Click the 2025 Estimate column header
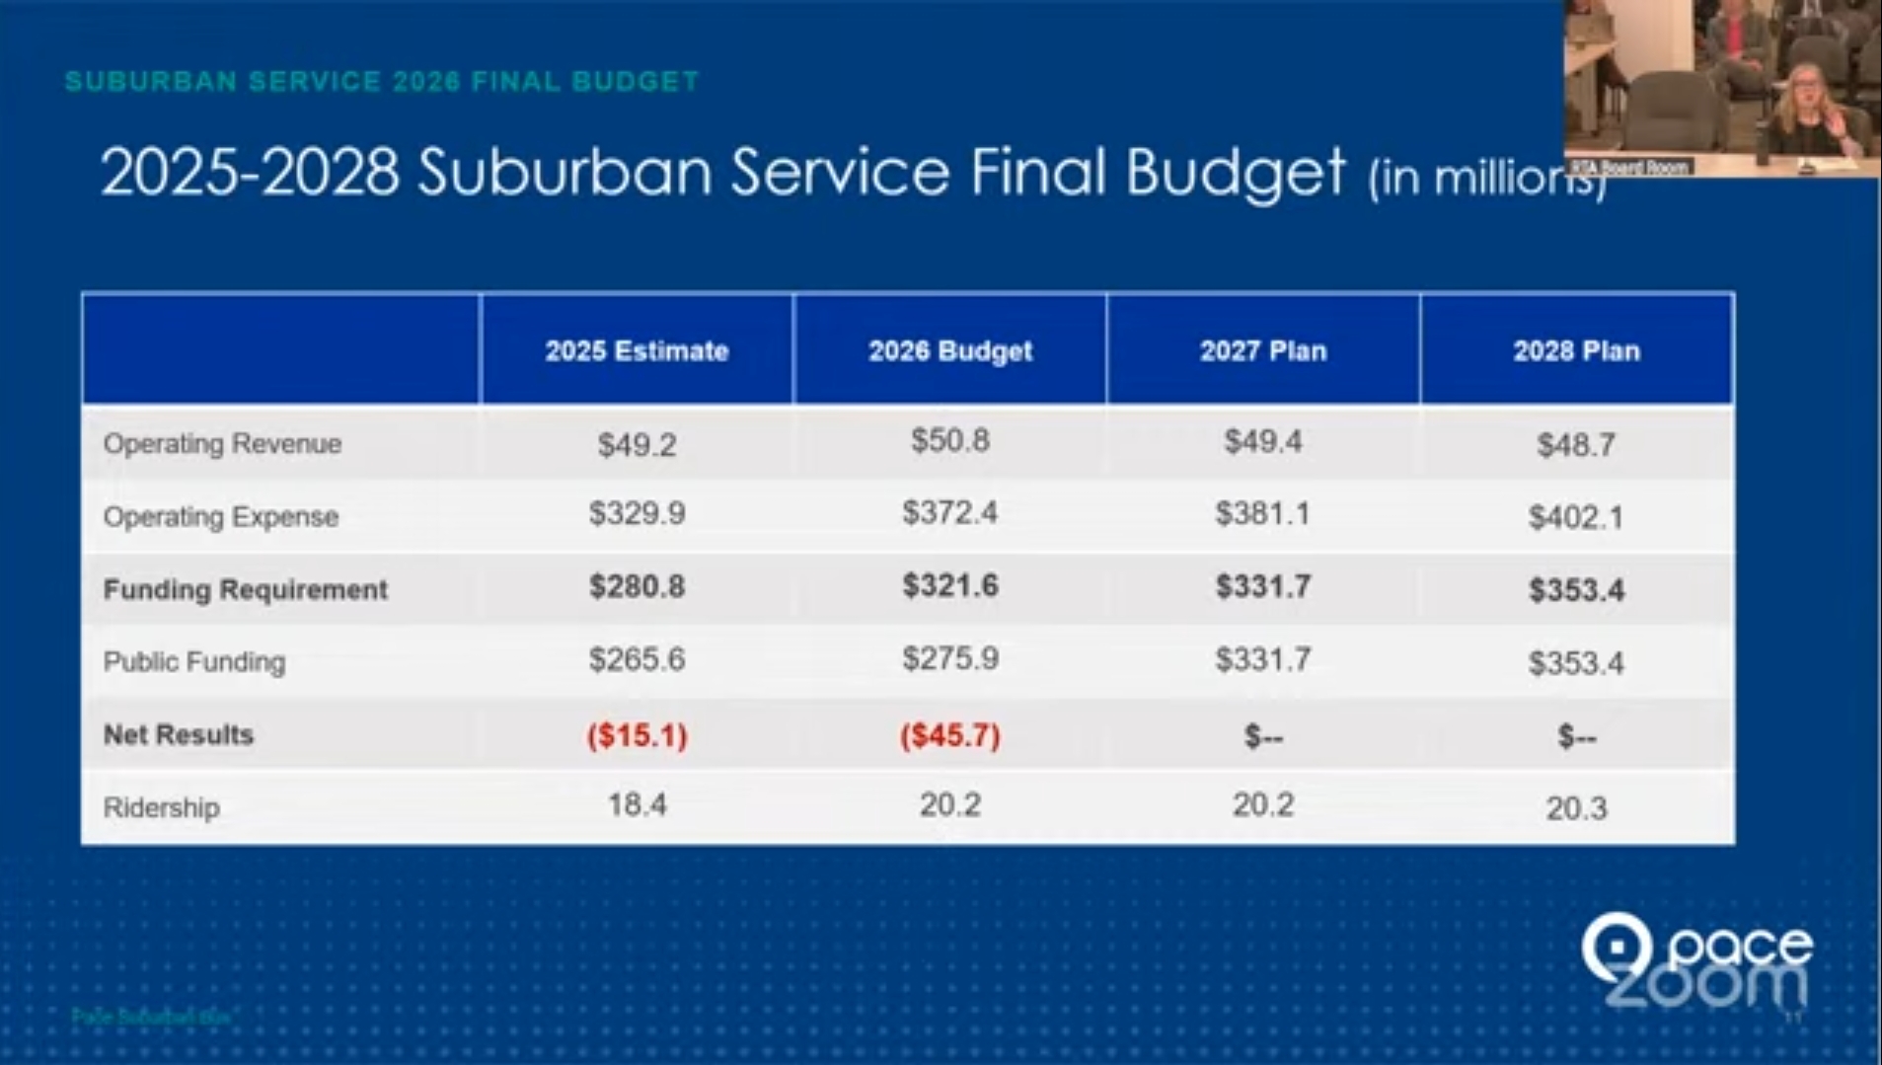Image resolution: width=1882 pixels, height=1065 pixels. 637,350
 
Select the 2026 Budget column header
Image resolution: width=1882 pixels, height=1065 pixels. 949,350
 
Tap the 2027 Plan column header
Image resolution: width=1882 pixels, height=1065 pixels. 1262,350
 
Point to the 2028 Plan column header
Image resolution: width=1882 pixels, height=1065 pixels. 1576,350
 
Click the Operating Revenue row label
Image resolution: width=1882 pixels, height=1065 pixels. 222,444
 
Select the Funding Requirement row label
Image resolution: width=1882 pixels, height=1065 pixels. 245,589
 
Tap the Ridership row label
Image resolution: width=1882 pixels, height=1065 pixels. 161,807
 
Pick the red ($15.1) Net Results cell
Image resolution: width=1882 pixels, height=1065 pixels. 637,735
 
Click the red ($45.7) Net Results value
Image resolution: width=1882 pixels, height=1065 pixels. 949,735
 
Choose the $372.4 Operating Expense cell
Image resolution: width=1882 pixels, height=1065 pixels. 949,513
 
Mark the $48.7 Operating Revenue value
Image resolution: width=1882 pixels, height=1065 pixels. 1576,445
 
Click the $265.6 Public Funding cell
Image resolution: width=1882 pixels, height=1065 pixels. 637,659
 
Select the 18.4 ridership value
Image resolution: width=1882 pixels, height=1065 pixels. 637,805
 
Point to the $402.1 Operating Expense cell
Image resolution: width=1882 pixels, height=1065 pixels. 1576,517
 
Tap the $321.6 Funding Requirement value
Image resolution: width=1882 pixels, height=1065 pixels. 949,586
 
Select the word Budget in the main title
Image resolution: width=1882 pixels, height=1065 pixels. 1236,173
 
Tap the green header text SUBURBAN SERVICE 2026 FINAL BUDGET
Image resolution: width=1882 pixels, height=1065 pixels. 382,81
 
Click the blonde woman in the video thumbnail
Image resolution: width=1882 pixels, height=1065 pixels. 1810,109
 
